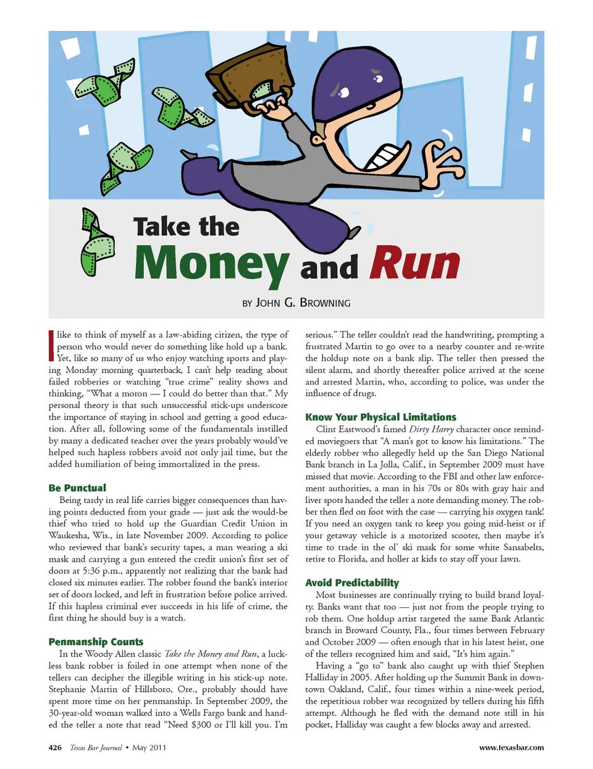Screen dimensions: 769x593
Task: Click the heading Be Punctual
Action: pyautogui.click(x=77, y=488)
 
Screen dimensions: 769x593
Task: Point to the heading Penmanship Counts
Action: pyautogui.click(x=96, y=642)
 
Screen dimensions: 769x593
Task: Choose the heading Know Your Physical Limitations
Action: pyautogui.click(x=381, y=417)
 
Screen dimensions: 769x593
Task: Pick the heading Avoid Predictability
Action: pyautogui.click(x=352, y=583)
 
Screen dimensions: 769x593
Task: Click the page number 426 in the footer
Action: pyautogui.click(x=55, y=747)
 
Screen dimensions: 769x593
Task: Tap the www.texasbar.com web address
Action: pyautogui.click(x=511, y=747)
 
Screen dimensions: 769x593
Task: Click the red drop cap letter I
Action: pyautogui.click(x=51, y=346)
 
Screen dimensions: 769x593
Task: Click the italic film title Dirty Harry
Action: pyautogui.click(x=431, y=429)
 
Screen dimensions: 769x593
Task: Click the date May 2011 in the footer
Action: pyautogui.click(x=149, y=747)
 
